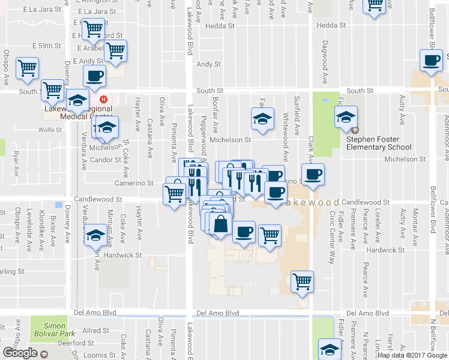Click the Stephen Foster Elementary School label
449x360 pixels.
coord(379,143)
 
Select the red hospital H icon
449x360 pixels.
coord(104,99)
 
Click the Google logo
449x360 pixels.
coord(20,352)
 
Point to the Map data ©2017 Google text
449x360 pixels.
coord(412,355)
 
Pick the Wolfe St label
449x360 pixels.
coord(50,129)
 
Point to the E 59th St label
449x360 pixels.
coord(50,46)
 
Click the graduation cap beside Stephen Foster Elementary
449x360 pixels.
coord(346,116)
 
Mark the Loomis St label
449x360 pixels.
coord(95,355)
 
